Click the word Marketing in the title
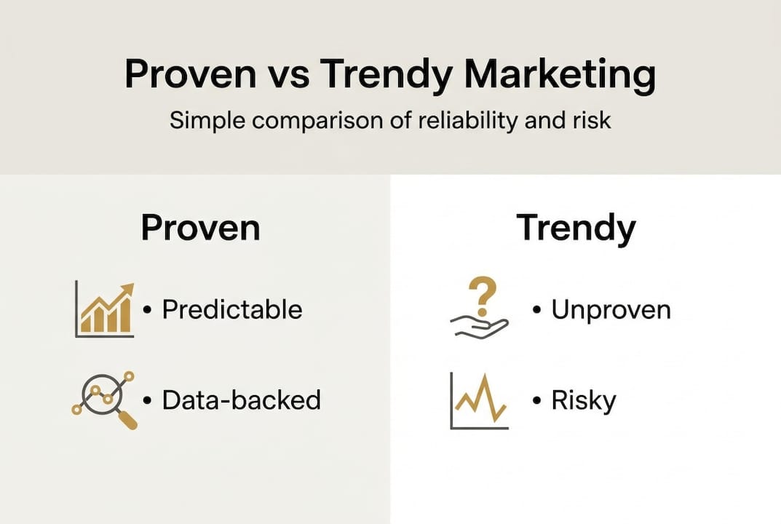click(x=559, y=75)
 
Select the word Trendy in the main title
click(x=386, y=75)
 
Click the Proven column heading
click(x=200, y=228)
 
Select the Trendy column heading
click(x=576, y=229)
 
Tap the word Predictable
click(x=232, y=309)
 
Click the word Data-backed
click(x=242, y=400)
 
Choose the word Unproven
click(x=611, y=310)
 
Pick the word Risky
click(x=584, y=401)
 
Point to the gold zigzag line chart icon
click(x=480, y=400)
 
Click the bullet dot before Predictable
click(x=147, y=310)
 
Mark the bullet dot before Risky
click(x=536, y=400)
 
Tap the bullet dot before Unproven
click(x=536, y=310)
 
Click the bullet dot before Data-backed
click(x=147, y=400)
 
